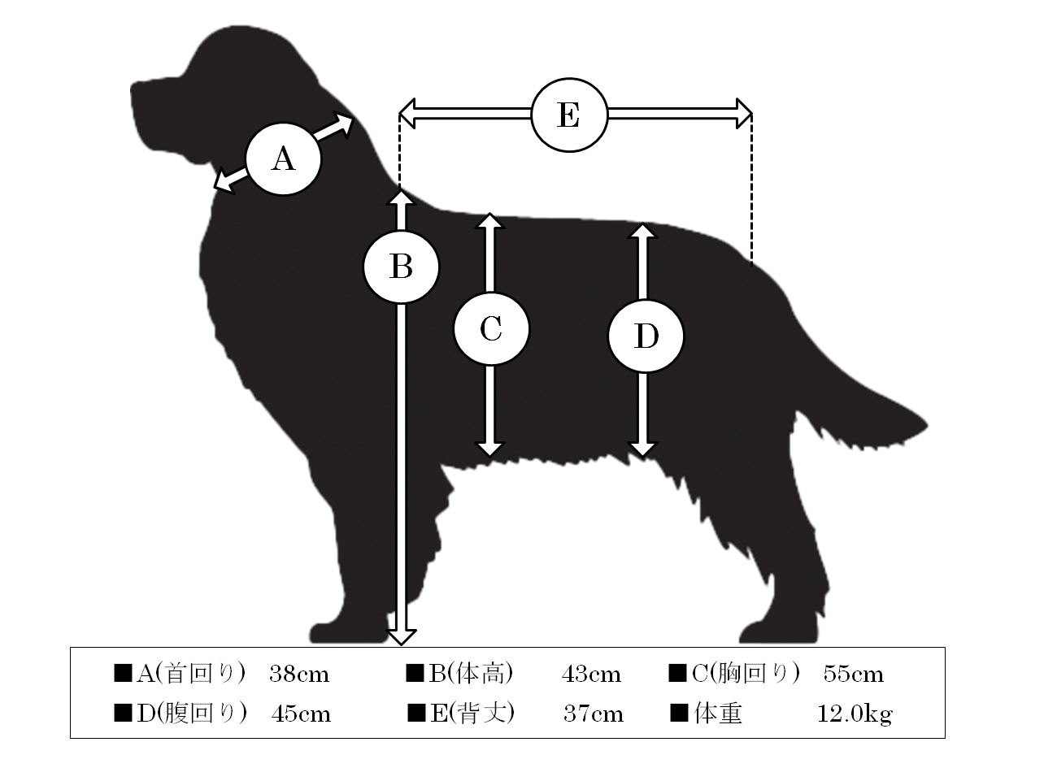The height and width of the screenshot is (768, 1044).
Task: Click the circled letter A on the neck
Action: coord(284,159)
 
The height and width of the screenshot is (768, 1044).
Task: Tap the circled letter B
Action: coord(402,267)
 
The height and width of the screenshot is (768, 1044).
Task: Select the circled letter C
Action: coord(491,329)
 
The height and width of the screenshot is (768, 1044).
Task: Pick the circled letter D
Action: coord(646,336)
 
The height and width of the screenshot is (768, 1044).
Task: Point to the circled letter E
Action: coord(569,115)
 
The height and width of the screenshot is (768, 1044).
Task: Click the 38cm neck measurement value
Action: coord(299,675)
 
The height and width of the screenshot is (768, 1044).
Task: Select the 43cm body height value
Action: coord(591,675)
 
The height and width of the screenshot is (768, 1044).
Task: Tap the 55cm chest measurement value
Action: coord(854,675)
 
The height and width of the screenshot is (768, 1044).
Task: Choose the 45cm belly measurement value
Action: coord(301,714)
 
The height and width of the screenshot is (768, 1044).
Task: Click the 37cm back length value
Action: coord(594,714)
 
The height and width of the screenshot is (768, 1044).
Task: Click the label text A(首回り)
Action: coord(190,674)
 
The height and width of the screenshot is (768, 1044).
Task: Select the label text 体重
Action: coord(718,714)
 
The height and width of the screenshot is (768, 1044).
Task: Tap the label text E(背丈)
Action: coord(472,714)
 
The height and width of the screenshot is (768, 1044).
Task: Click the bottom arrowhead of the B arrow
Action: coord(402,638)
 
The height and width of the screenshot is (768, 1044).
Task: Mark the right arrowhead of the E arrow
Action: coord(744,113)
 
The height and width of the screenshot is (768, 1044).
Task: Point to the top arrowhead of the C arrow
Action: coord(489,220)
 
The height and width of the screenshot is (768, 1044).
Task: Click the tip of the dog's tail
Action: coord(928,425)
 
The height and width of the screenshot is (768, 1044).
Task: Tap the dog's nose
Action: coord(134,89)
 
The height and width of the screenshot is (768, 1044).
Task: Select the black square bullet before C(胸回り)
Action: coord(677,674)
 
